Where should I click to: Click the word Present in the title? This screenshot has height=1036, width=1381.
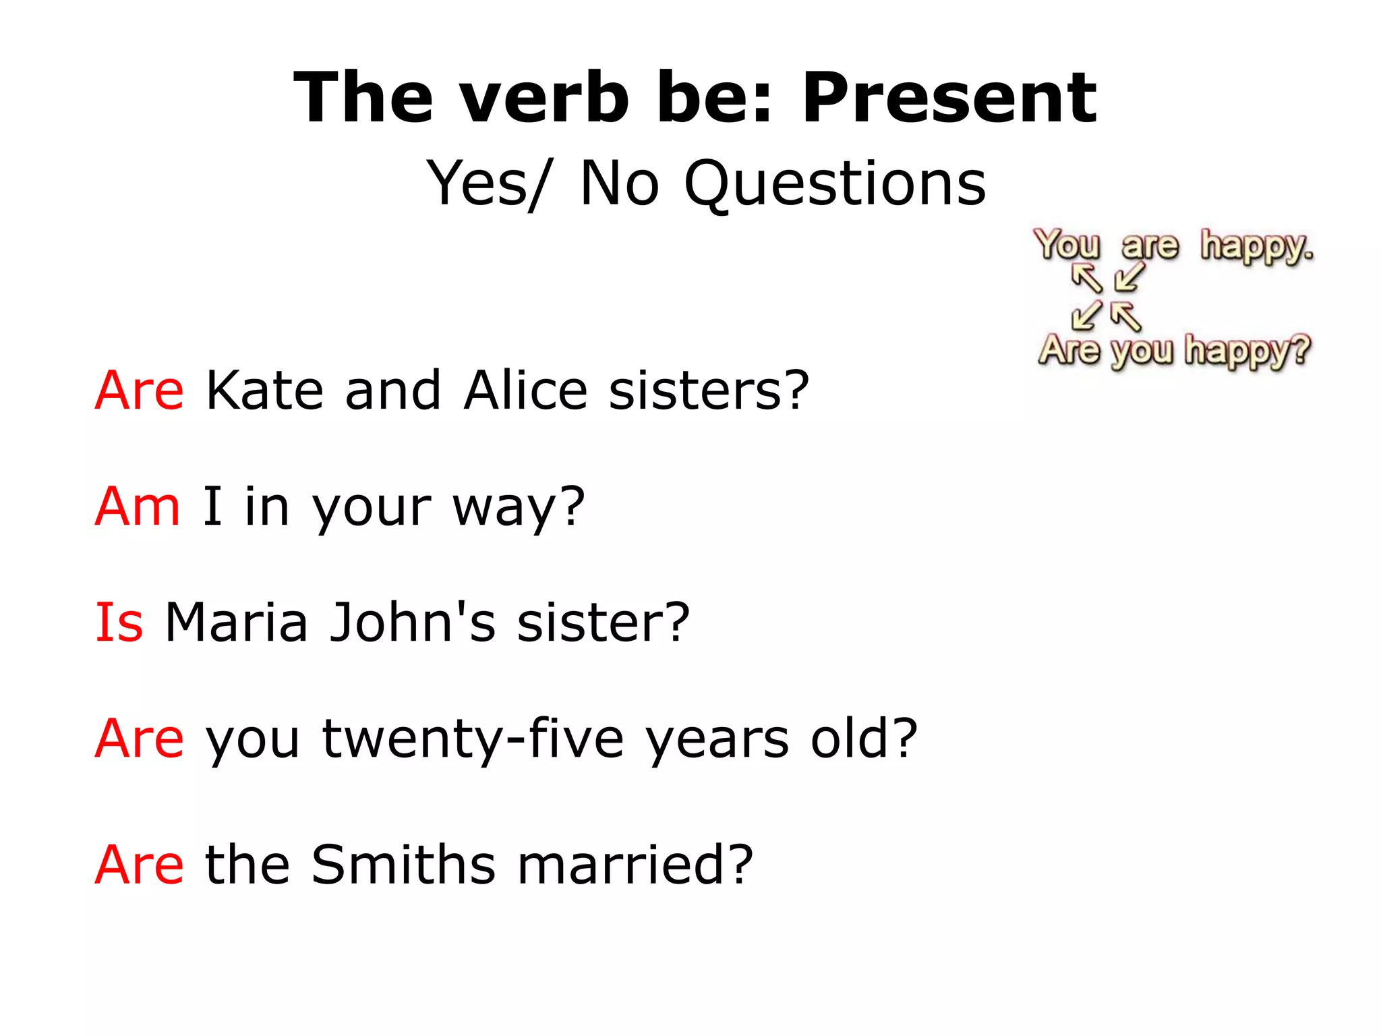click(x=949, y=98)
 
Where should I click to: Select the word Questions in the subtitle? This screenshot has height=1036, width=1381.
click(x=835, y=183)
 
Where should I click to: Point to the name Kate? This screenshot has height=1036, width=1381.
click(x=264, y=391)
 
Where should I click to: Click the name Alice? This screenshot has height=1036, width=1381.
click(x=525, y=391)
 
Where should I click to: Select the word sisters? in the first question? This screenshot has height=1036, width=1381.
click(x=708, y=391)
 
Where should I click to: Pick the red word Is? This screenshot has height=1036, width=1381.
click(x=119, y=622)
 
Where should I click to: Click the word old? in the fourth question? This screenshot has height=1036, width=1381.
click(x=864, y=739)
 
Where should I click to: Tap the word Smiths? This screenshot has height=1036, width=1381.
click(x=403, y=865)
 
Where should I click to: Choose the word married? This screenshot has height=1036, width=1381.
click(x=635, y=865)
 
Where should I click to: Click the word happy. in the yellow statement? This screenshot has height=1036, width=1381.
click(x=1256, y=246)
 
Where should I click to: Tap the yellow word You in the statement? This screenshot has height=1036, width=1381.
click(x=1067, y=244)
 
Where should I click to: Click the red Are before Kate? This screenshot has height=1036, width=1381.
click(x=139, y=391)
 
